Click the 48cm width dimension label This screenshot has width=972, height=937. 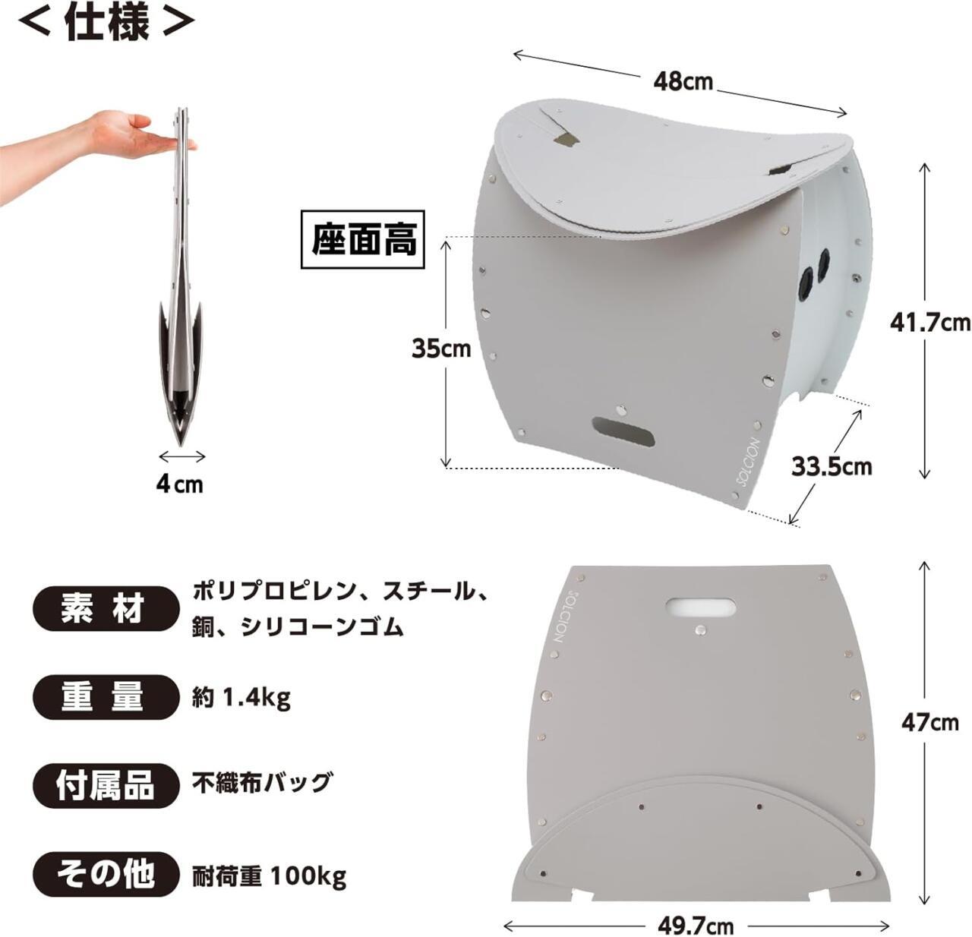(683, 82)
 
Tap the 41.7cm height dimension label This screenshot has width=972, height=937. (930, 323)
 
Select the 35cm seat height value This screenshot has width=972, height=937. (441, 348)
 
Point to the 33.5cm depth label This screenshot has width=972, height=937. (832, 466)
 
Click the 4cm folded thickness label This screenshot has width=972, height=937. (179, 484)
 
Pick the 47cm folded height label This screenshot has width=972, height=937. (930, 722)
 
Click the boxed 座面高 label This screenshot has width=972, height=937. (363, 240)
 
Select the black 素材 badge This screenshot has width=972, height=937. (106, 609)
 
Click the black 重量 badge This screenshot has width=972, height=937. (106, 698)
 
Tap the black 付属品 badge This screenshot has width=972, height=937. (106, 787)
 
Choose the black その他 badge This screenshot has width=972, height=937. (106, 875)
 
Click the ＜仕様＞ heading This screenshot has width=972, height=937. (106, 21)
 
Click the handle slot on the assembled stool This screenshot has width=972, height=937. (623, 431)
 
